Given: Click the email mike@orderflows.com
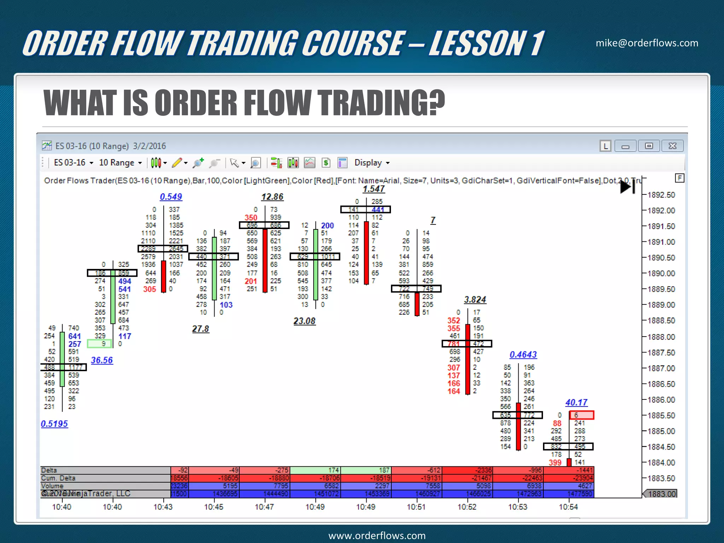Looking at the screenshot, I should coord(647,43).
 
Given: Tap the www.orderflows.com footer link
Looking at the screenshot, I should coord(377,536).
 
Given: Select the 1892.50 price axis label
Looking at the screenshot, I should coord(661,195).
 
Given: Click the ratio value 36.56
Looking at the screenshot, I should coord(102,360).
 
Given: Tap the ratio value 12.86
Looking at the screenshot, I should coord(272,197).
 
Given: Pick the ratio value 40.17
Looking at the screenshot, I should coord(576,403).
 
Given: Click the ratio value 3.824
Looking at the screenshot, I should coord(475,300).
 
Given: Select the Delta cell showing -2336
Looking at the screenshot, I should coord(467,470).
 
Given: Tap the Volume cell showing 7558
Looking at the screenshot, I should coord(417,486).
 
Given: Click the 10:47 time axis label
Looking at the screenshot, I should coord(264,507).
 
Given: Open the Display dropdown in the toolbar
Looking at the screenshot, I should coord(372,163).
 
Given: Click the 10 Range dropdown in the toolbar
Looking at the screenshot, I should coord(120,163).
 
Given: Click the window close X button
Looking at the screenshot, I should coord(672,146).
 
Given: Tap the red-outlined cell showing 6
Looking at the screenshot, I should coord(582,415).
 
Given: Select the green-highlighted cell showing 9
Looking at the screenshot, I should coord(100,344).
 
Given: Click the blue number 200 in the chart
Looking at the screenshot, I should coord(327,226).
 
